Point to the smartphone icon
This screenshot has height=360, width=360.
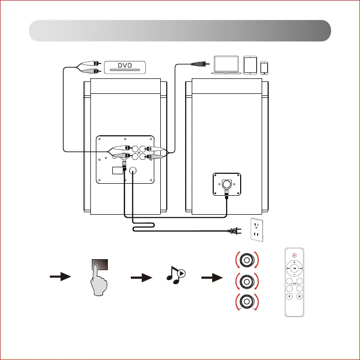click(265, 67)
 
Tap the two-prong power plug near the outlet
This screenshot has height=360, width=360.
click(233, 230)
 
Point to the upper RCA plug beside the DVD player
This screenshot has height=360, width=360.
click(92, 63)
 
